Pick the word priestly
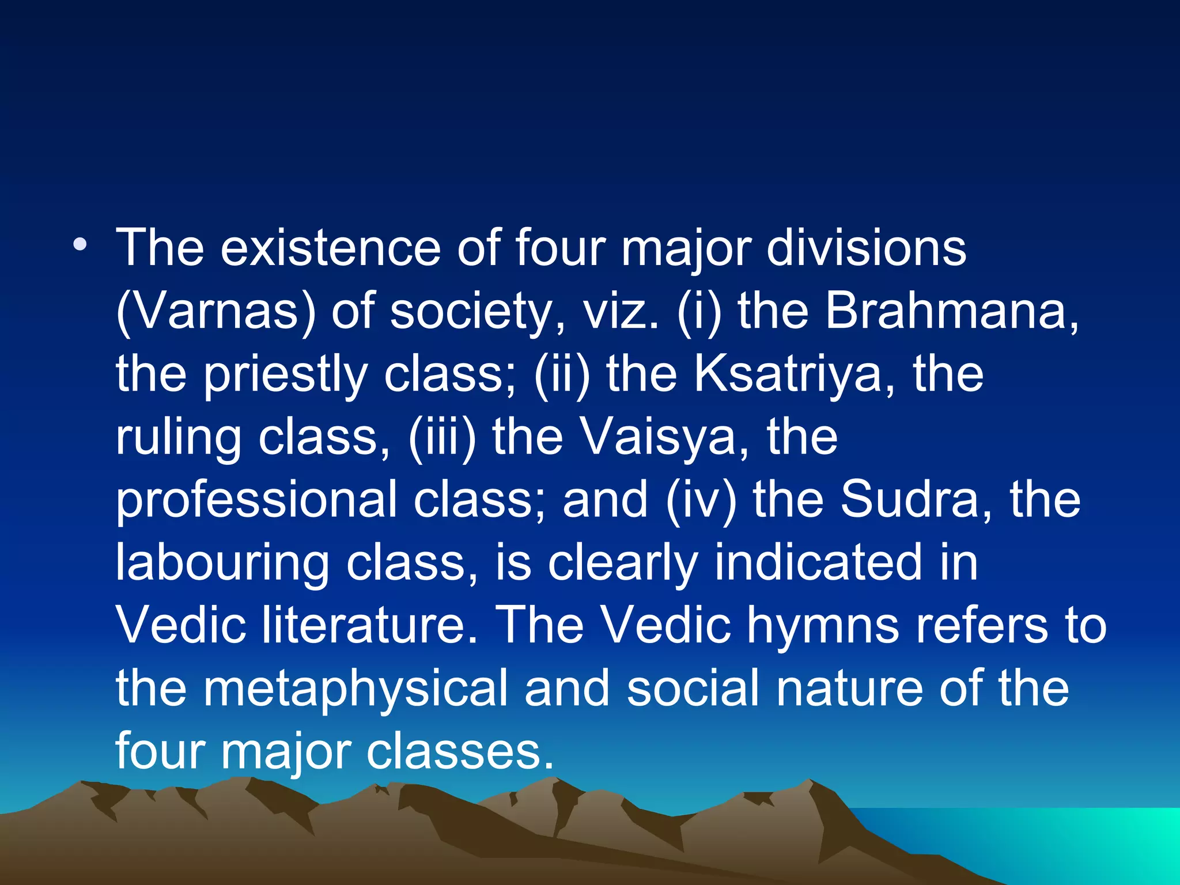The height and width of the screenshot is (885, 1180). tap(286, 375)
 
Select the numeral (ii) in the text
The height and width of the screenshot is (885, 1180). tap(562, 375)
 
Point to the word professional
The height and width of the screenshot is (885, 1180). tap(256, 500)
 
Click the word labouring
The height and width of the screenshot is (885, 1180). tap(222, 563)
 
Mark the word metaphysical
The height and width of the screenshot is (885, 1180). tap(355, 689)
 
